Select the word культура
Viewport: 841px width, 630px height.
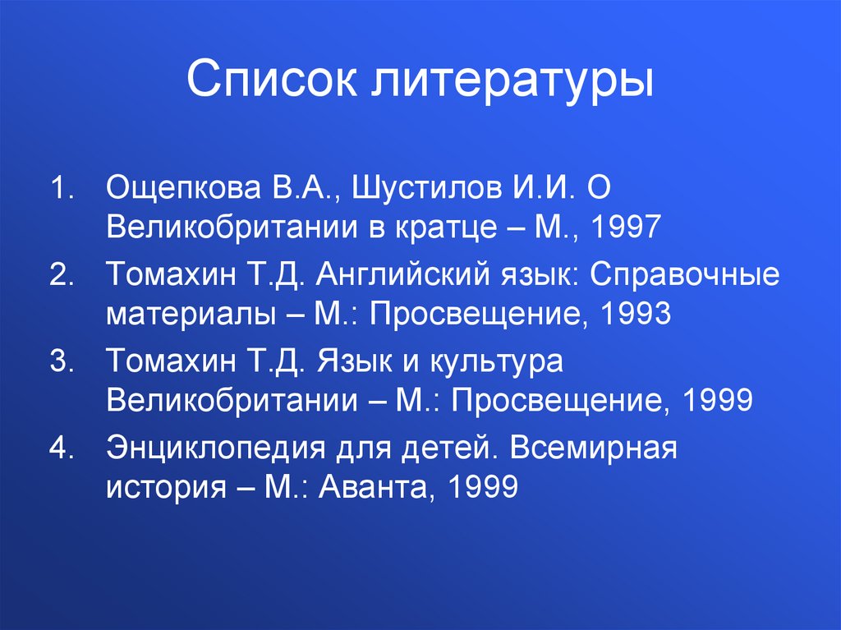point(496,362)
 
